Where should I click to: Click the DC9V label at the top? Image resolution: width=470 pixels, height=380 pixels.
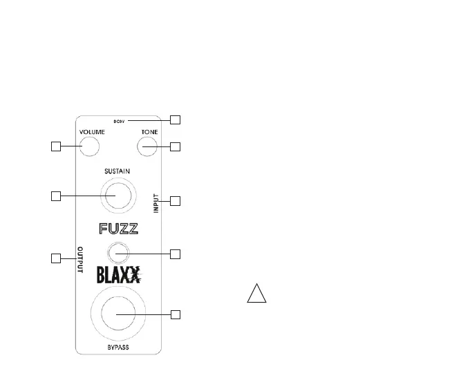point(118,122)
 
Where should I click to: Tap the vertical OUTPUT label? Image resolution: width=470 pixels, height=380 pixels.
point(80,260)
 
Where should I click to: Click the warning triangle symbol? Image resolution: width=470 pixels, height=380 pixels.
point(256,294)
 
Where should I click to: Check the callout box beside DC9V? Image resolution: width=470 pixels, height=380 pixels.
point(175,120)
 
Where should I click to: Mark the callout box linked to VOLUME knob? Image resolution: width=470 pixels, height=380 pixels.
point(57,146)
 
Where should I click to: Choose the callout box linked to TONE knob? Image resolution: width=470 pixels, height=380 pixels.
point(175,146)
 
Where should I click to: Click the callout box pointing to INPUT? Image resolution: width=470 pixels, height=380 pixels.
point(175,201)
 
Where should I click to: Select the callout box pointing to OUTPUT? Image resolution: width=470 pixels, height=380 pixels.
point(57,258)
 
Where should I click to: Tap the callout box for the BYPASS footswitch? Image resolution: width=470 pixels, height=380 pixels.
point(175,315)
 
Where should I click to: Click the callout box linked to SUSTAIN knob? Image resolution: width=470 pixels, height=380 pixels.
point(57,196)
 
